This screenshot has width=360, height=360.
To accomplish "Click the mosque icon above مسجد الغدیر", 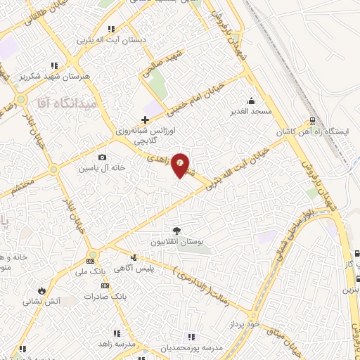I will coord(252,100).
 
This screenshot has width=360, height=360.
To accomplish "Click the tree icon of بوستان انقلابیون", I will coord(176,231).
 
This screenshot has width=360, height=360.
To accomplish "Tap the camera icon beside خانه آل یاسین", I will coord(103,157).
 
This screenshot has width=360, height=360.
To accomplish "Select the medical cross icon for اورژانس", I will coord(145,120).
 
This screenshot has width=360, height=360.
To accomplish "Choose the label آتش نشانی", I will coord(62,300).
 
